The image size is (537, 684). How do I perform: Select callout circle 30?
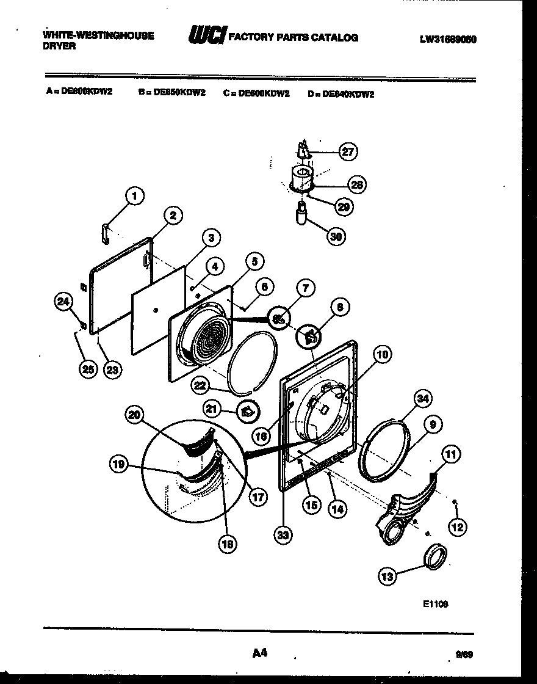pos(335,236)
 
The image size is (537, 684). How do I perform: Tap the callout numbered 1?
pos(135,196)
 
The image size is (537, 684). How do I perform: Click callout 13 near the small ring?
pos(387,575)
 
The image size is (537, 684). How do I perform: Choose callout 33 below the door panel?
pos(283,535)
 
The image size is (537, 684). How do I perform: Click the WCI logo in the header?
pos(206,36)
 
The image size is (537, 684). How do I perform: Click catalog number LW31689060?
pos(447,40)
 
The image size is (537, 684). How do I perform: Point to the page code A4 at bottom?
pos(260,653)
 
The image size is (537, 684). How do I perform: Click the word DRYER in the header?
pos(59,46)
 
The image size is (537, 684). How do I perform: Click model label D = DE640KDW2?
pos(341,94)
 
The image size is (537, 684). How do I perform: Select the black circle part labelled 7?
pos(280,318)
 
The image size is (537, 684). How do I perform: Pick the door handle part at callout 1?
pos(105,232)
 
